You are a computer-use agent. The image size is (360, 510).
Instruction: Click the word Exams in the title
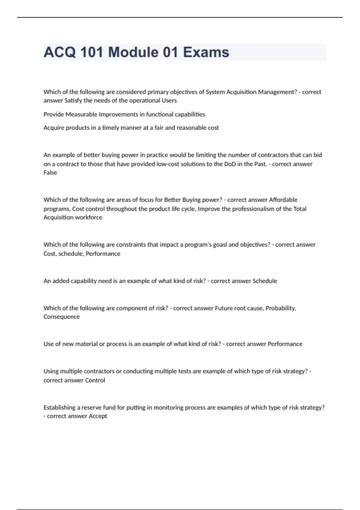206,52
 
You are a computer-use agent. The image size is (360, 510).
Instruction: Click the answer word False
50,172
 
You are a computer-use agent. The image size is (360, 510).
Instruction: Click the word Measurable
81,114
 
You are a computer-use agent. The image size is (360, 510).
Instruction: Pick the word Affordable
283,200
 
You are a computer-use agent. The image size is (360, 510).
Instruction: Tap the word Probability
281,308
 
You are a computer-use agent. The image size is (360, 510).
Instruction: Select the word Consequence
61,317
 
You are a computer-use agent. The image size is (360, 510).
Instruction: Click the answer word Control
95,380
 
